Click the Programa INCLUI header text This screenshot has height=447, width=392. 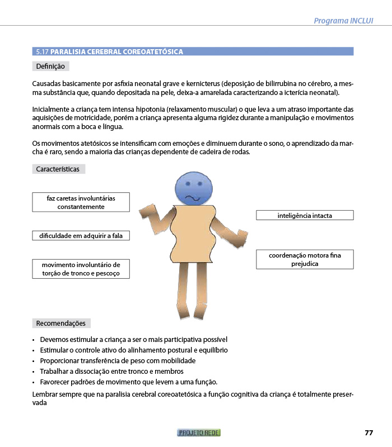click(343, 21)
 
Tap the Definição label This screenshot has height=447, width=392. click(50, 66)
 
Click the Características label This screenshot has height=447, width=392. click(58, 169)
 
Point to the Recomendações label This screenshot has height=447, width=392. click(60, 323)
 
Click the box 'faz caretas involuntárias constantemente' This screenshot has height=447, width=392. click(81, 202)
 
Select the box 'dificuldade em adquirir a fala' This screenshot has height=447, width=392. click(81, 236)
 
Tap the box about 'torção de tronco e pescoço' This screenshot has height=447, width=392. click(81, 269)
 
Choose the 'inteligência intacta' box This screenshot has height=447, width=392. click(305, 215)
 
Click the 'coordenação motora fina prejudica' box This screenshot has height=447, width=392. click(305, 259)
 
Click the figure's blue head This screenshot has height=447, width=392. click(194, 188)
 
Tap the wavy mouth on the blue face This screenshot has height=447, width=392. click(193, 198)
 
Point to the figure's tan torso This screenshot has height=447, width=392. click(193, 235)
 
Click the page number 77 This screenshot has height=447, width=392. click(368, 432)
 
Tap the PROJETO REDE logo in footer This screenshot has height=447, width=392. click(199, 432)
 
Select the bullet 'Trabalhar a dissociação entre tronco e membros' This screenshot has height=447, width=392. click(112, 371)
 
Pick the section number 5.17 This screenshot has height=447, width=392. click(42, 52)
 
